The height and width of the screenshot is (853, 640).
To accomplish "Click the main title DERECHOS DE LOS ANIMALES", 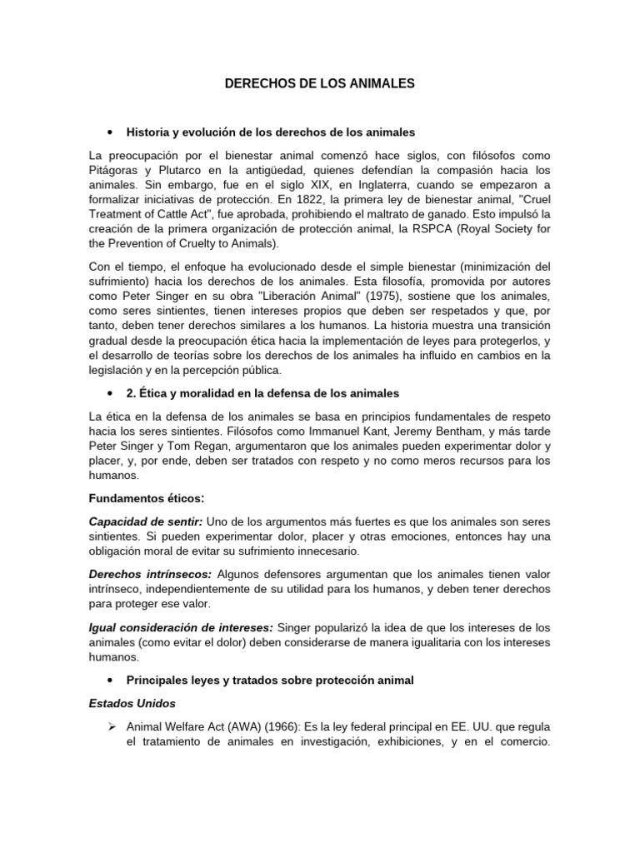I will click(320, 84).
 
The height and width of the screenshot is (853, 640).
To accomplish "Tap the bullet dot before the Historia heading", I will click(110, 132).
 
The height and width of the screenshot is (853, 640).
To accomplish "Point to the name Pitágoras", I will click(117, 169).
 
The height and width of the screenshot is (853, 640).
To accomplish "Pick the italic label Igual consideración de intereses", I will click(180, 626).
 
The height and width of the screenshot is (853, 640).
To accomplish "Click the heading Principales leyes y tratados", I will click(269, 680).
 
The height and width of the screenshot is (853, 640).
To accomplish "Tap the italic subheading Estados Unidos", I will click(132, 703).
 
